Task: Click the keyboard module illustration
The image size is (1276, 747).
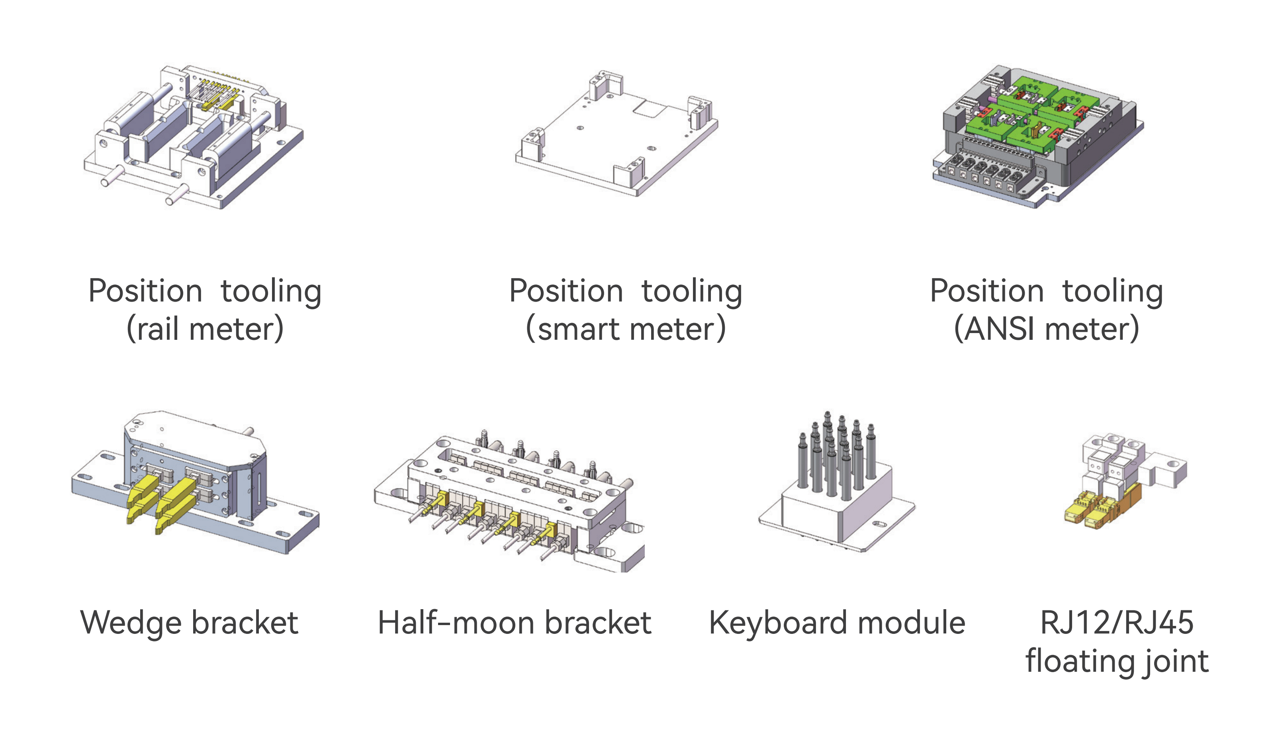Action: click(836, 486)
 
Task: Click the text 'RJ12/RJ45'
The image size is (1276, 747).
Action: click(1117, 623)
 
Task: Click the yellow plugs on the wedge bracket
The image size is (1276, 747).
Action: click(162, 499)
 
